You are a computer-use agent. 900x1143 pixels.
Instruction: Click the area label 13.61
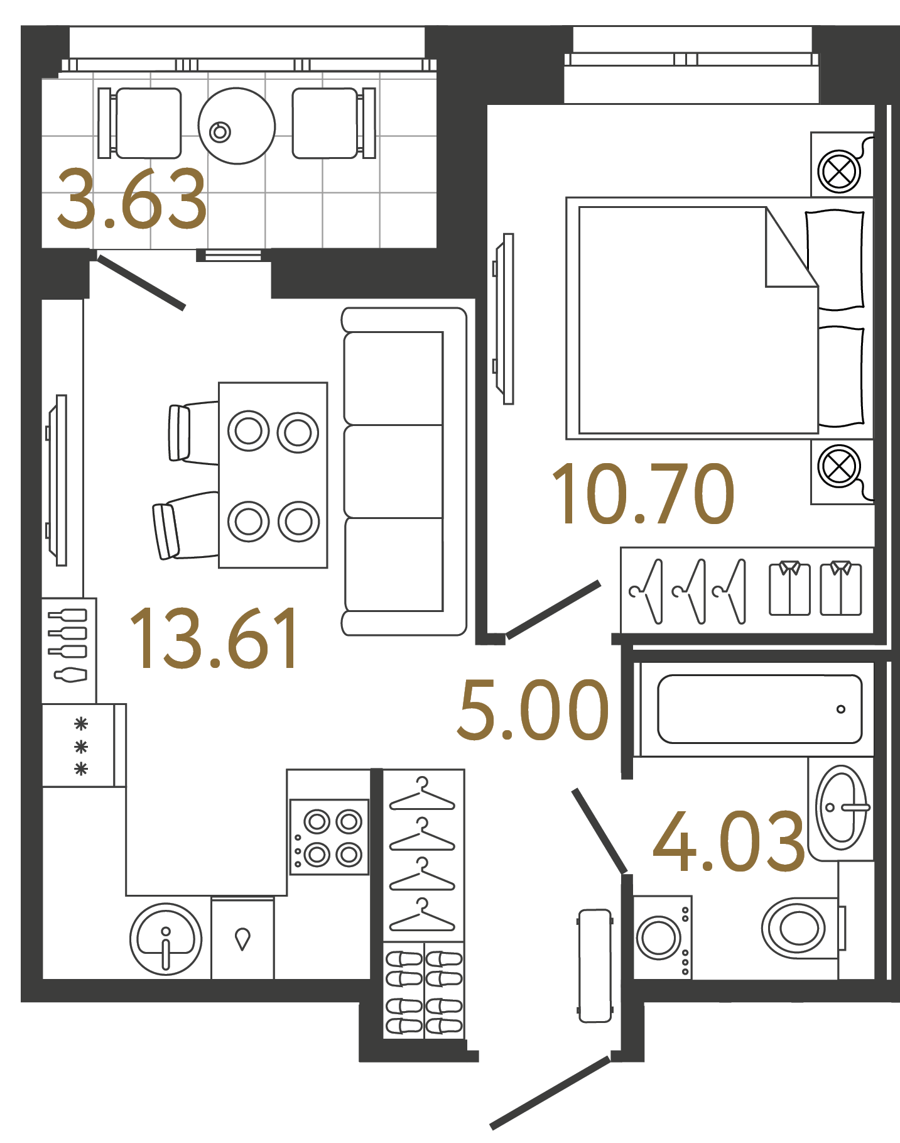pyautogui.click(x=215, y=638)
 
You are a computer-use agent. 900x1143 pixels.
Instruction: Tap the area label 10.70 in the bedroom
pyautogui.click(x=642, y=494)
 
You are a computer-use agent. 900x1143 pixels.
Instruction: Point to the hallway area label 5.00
pyautogui.click(x=533, y=711)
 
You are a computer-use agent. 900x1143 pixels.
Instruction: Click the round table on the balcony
pyautogui.click(x=236, y=126)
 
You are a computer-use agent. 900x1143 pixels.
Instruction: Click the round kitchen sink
pyautogui.click(x=166, y=939)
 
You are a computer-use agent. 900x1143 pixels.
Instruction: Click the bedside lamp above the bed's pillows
pyautogui.click(x=838, y=170)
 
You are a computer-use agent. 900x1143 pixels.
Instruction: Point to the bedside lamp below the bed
pyautogui.click(x=838, y=467)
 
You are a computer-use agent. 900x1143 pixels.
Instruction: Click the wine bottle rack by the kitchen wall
pyautogui.click(x=69, y=650)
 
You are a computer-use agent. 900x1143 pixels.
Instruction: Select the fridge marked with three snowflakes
pyautogui.click(x=80, y=745)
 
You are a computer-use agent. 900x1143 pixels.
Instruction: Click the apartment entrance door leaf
pyautogui.click(x=550, y=1093)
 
